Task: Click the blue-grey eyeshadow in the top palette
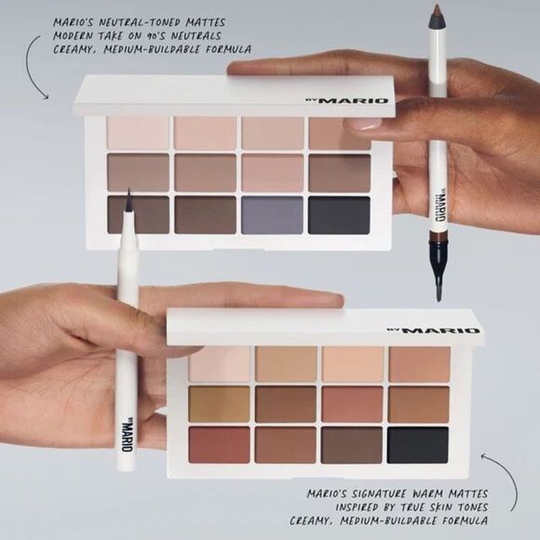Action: pyautogui.click(x=272, y=214)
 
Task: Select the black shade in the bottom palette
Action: pyautogui.click(x=417, y=444)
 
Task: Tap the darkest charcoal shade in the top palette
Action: pyautogui.click(x=339, y=214)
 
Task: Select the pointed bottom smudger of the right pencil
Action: pyautogui.click(x=438, y=284)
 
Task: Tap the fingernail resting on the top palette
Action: pyautogui.click(x=362, y=123)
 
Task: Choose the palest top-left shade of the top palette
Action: pyautogui.click(x=138, y=132)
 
